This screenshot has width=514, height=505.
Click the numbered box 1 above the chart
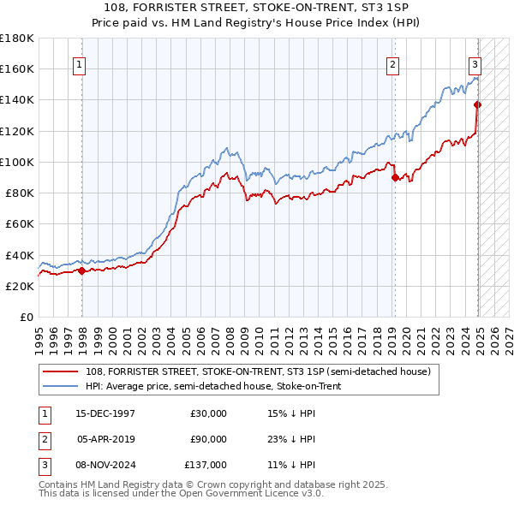pos(80,63)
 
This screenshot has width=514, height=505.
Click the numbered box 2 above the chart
pos(392,63)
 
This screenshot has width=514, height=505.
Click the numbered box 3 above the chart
pos(475,63)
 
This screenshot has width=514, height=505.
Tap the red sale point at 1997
pos(81,270)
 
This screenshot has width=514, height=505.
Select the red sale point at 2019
pos(395,178)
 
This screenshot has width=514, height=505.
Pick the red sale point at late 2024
pos(477,105)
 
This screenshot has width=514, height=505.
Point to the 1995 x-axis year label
pos(39,338)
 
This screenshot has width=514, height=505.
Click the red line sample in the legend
pos(60,371)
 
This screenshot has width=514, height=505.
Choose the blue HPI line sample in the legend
pos(60,387)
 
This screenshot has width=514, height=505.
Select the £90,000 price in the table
pos(208,439)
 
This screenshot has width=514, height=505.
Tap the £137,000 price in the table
pos(206,465)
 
